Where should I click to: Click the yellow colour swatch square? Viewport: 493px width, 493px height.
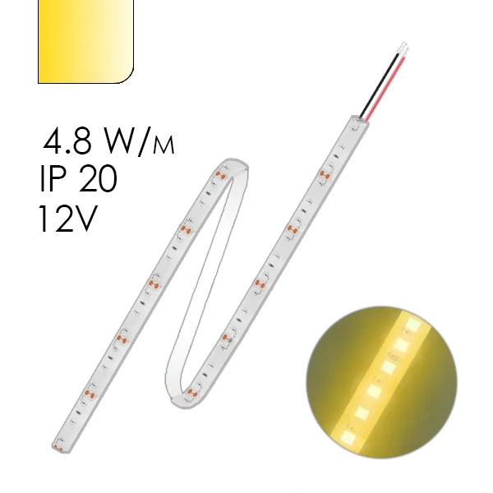click(x=85, y=41)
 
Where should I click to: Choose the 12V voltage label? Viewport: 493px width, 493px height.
click(x=66, y=219)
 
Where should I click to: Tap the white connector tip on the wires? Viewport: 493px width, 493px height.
click(x=402, y=48)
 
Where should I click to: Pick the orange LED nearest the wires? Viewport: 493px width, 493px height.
click(x=324, y=172)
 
